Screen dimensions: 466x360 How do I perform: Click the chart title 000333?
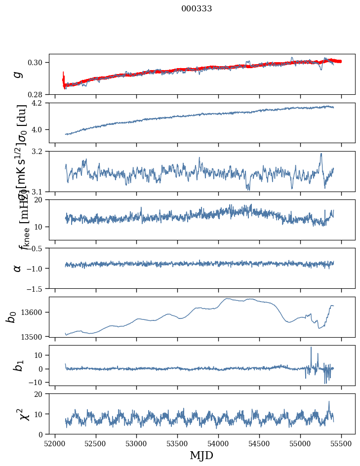(197, 9)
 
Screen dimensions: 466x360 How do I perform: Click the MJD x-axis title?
(201, 455)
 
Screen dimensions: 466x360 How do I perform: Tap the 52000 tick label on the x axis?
(54, 443)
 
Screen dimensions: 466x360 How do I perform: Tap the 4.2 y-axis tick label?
(40, 103)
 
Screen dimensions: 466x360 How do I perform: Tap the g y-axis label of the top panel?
(18, 74)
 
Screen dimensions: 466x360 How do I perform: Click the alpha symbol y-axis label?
(18, 268)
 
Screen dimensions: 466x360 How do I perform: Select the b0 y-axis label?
(11, 316)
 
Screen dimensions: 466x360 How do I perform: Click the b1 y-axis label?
(18, 365)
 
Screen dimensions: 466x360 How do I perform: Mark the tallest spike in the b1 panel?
(311, 348)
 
